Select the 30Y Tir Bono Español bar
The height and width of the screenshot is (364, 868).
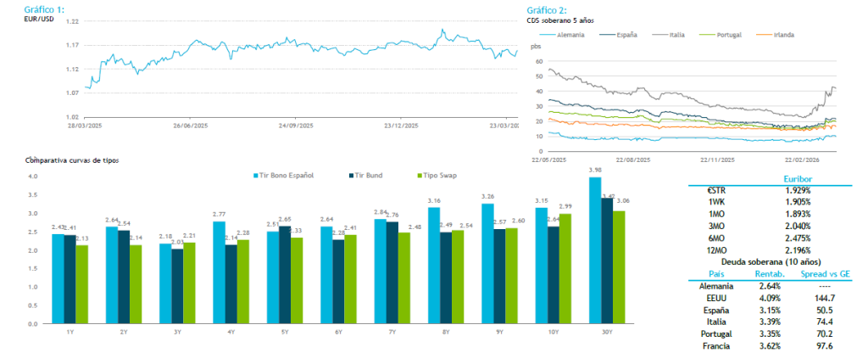pyautogui.click(x=595, y=250)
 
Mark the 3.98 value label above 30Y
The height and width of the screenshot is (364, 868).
pyautogui.click(x=595, y=170)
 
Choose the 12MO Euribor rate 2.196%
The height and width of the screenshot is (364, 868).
pyautogui.click(x=793, y=251)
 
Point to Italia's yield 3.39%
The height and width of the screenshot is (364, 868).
pyautogui.click(x=765, y=322)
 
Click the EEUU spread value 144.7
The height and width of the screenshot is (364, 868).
pyautogui.click(x=822, y=299)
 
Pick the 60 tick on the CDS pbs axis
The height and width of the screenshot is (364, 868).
pyautogui.click(x=537, y=62)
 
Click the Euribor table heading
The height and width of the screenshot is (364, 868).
pyautogui.click(x=793, y=179)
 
